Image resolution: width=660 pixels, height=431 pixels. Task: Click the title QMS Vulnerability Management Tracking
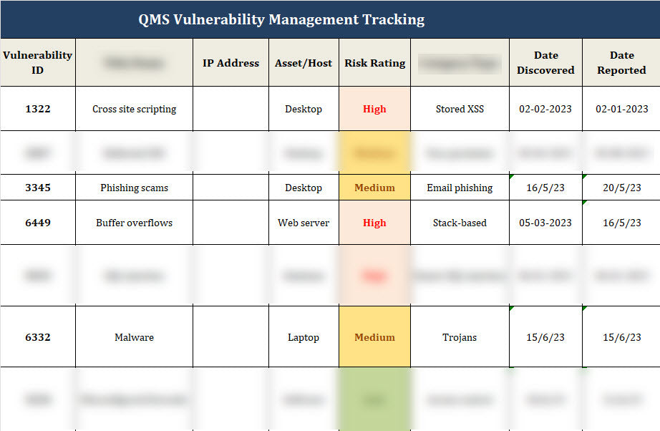[281, 19]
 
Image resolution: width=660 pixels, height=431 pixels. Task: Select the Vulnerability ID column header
[37, 62]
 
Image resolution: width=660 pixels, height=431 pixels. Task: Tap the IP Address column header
[230, 63]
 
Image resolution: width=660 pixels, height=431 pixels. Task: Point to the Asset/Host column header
[304, 63]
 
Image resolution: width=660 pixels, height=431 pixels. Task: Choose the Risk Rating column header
[374, 63]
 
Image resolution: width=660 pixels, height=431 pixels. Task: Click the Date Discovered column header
[545, 62]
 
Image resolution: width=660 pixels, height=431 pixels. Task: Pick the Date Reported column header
[621, 62]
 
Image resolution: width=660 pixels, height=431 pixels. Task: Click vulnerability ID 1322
[37, 109]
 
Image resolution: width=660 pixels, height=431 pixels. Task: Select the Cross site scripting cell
[134, 109]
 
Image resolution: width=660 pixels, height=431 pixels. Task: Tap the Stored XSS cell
[460, 109]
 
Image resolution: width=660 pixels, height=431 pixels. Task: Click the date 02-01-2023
[621, 109]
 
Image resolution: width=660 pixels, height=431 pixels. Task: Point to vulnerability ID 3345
[37, 188]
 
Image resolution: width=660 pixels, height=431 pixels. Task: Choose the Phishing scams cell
[134, 188]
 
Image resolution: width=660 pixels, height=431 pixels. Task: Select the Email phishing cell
[460, 188]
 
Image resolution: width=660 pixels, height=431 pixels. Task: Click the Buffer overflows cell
[134, 223]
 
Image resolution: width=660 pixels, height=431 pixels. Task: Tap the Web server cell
[304, 223]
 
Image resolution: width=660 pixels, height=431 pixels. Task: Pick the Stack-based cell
[460, 223]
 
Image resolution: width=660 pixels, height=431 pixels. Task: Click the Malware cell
[134, 337]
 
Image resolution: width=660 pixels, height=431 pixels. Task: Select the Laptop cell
[304, 337]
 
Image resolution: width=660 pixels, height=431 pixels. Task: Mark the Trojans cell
[460, 337]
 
